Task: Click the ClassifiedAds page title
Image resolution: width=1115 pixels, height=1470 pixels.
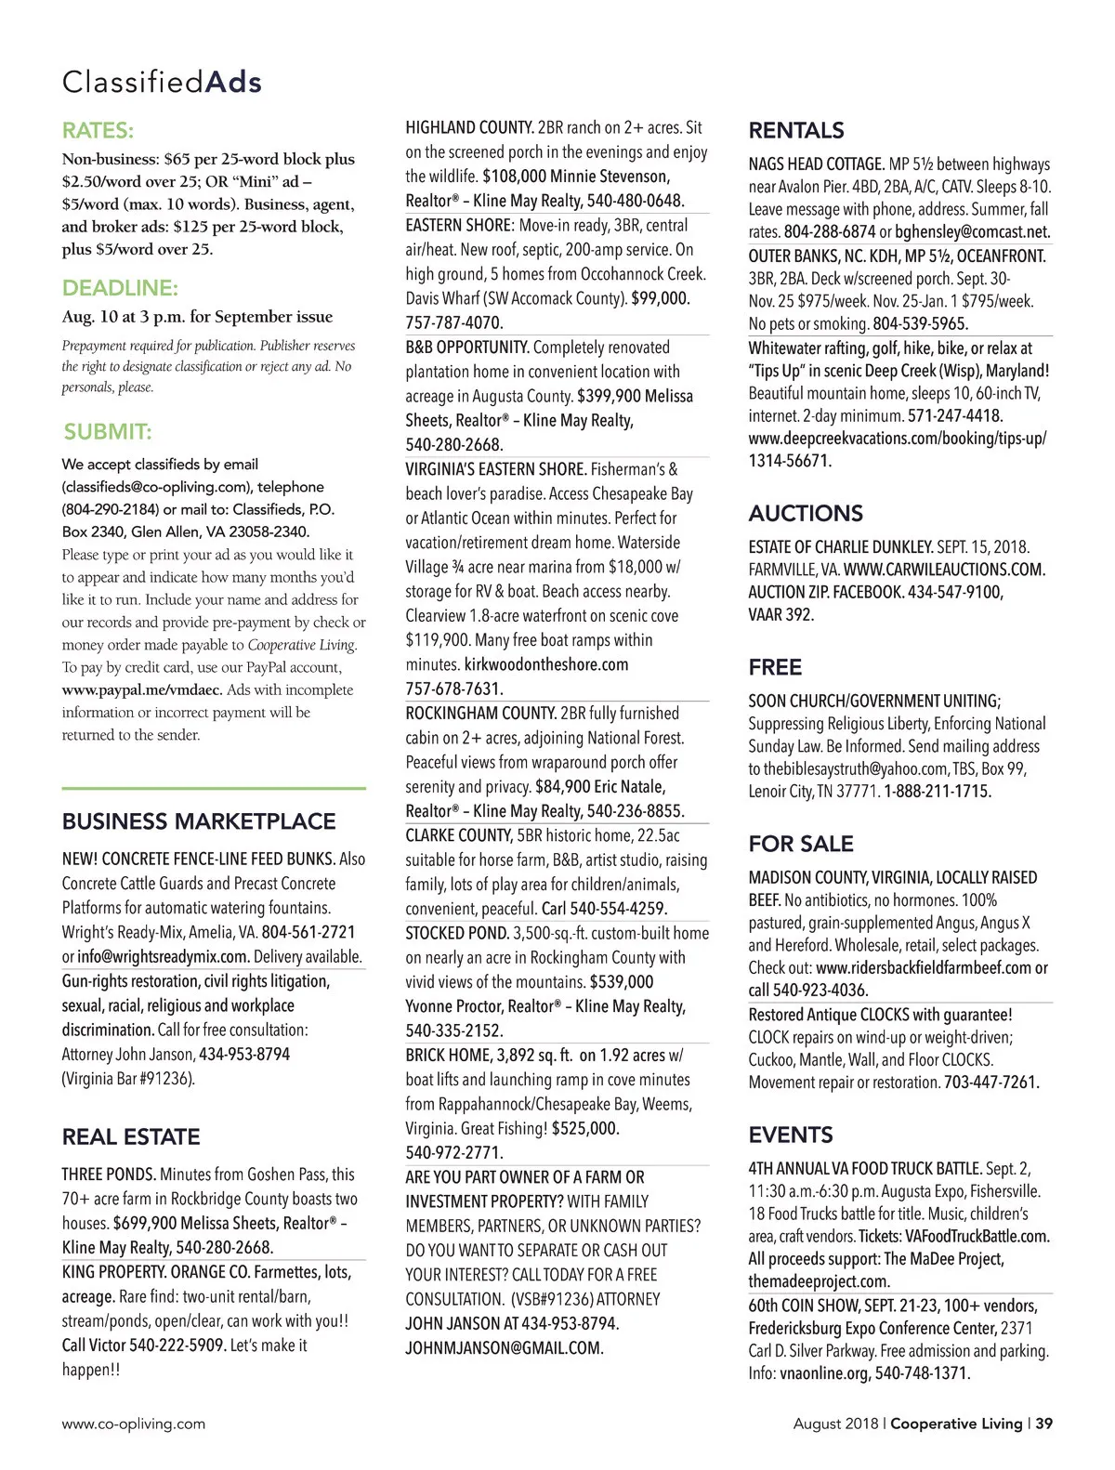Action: click(162, 82)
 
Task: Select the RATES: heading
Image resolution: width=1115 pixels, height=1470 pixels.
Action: click(98, 130)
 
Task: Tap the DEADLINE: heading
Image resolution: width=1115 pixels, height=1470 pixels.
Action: click(120, 287)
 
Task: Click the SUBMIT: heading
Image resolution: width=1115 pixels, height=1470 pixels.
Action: click(108, 431)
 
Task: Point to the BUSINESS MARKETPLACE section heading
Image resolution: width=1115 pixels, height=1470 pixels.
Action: click(199, 821)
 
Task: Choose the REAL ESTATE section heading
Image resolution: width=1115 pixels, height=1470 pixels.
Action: click(131, 1136)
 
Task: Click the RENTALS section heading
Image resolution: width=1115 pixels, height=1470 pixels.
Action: click(796, 130)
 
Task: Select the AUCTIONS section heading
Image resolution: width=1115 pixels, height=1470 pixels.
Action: click(806, 513)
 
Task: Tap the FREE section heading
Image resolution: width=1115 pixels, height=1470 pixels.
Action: click(775, 667)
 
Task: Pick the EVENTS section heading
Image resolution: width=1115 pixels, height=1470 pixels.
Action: click(791, 1135)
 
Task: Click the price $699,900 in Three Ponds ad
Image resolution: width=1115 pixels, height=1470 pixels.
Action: click(144, 1224)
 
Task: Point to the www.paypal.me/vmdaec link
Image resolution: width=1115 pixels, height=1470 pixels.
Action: click(142, 689)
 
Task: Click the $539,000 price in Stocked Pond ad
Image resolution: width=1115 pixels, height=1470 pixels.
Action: click(622, 982)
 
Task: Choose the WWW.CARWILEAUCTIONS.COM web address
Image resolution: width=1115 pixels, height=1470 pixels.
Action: click(944, 570)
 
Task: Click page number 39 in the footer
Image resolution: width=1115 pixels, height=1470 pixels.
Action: click(1044, 1424)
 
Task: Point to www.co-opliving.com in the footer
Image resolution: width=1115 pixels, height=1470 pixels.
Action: click(134, 1424)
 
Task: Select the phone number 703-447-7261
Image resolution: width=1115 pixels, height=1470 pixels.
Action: click(991, 1083)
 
